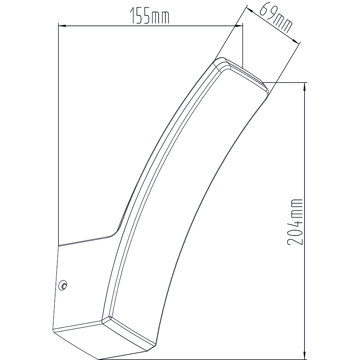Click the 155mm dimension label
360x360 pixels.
150,16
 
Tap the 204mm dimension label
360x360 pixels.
295,222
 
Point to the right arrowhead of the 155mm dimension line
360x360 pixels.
239,26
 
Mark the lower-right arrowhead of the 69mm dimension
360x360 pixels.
296,41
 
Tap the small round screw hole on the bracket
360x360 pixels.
63,285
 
